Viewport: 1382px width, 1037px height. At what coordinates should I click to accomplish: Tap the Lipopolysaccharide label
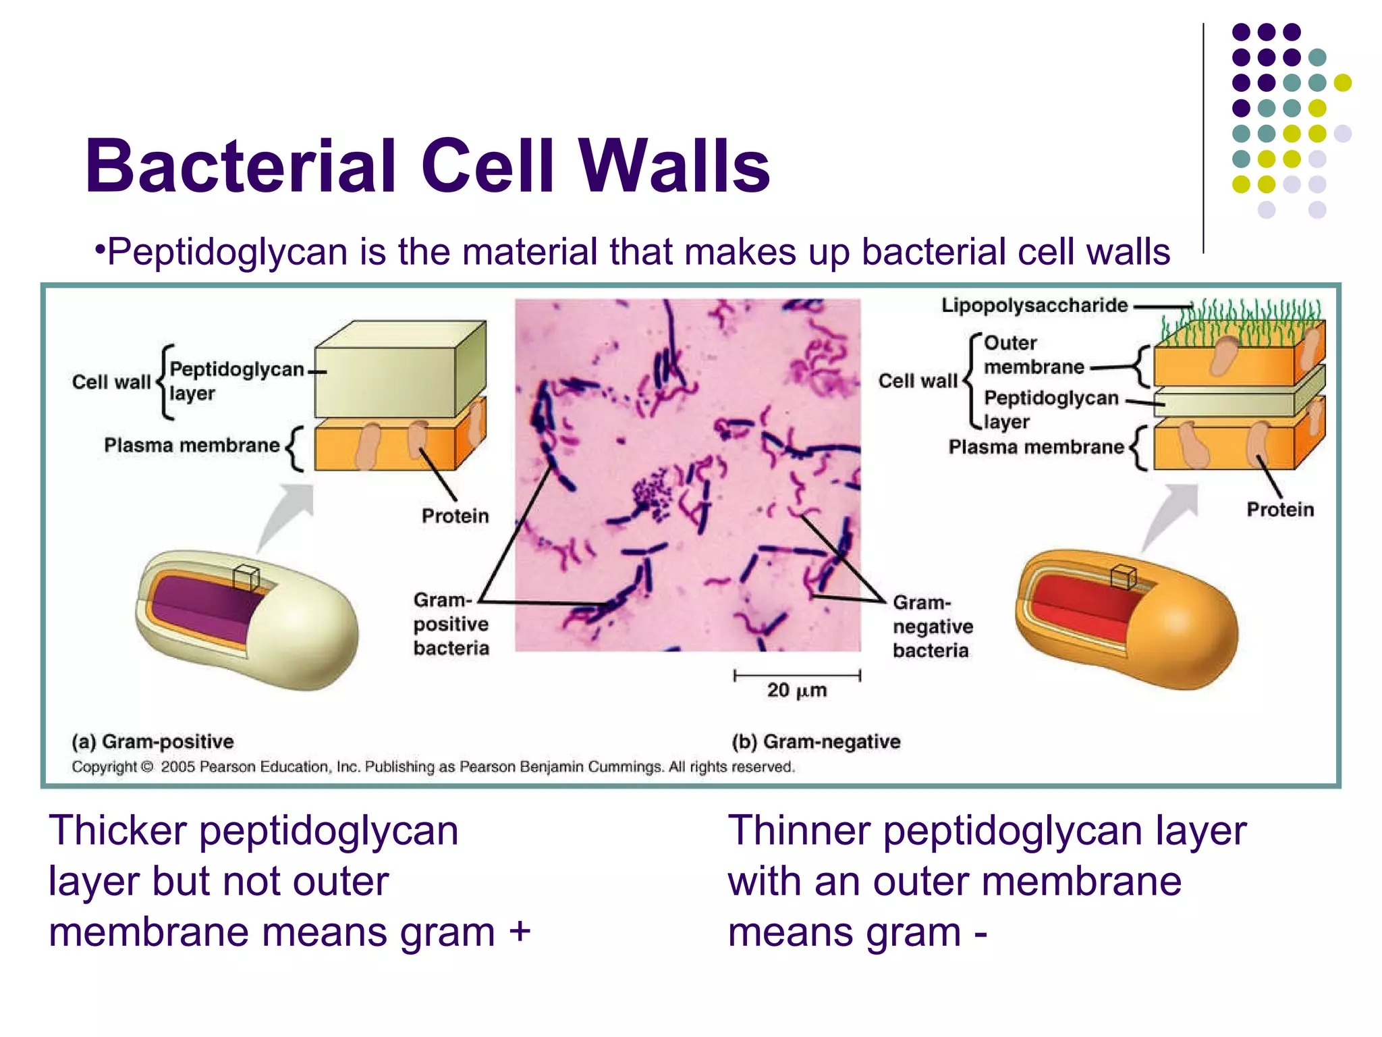coord(1034,305)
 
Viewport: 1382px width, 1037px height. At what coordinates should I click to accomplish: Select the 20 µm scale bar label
coord(796,690)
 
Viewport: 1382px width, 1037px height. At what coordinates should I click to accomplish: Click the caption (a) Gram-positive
coord(153,741)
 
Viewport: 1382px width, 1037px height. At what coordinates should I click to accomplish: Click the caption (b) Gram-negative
coord(816,741)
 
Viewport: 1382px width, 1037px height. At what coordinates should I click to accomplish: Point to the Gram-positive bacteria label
coord(451,624)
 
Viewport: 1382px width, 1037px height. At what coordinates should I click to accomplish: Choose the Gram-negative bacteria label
coord(933,626)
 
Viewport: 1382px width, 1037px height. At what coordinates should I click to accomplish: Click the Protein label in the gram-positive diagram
coord(455,516)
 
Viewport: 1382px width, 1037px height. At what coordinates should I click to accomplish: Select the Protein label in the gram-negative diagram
coord(1279,509)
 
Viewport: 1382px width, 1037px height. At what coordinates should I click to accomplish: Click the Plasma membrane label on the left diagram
coord(192,445)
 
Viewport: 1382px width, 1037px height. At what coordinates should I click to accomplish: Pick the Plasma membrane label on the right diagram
coord(1036,447)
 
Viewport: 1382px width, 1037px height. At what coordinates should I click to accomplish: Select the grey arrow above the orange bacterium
coord(1171,514)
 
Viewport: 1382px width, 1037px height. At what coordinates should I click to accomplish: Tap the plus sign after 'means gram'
coord(520,932)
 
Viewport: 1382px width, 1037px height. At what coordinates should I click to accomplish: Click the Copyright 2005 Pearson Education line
coord(433,767)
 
